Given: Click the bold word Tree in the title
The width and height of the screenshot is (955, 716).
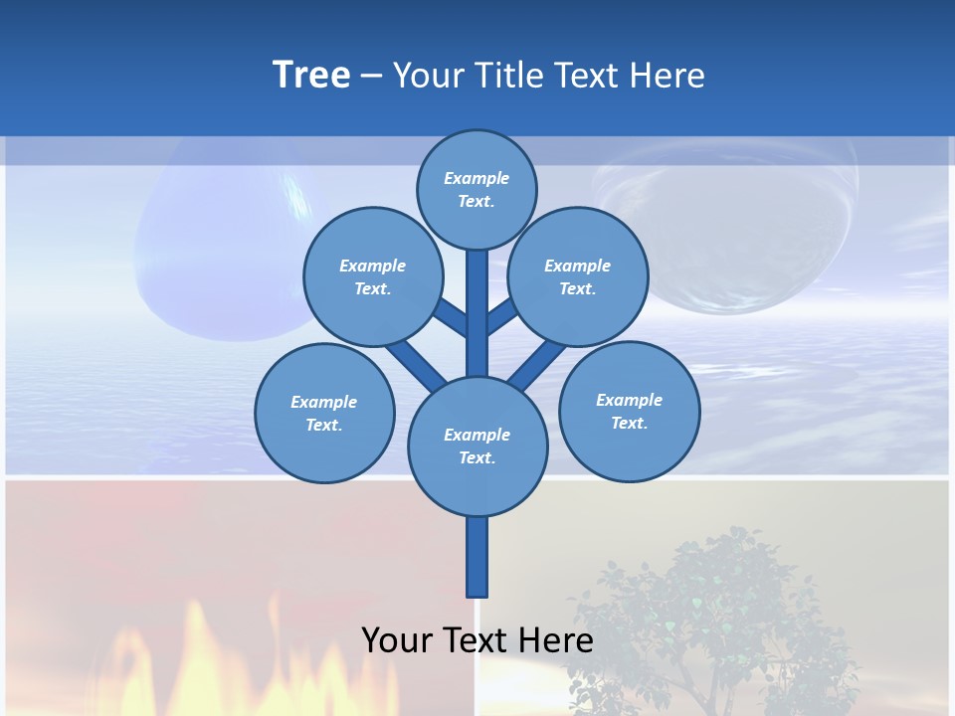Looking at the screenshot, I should click(311, 75).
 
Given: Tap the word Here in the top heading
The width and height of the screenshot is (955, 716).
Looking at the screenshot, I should click(667, 75).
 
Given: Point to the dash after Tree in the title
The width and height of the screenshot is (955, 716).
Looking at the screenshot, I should click(371, 77).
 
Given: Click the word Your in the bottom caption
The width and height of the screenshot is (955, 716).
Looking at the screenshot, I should click(397, 639).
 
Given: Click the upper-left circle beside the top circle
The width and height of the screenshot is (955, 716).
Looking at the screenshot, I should click(372, 276).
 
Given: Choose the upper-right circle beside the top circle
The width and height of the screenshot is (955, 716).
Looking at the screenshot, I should click(578, 276).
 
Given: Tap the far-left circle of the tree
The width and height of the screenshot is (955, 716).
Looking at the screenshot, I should click(324, 413).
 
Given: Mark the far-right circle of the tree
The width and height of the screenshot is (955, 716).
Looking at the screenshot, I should click(629, 411).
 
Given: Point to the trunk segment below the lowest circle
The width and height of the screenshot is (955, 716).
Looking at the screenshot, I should click(477, 557).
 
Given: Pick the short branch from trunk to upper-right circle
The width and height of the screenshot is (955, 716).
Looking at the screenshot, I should click(502, 316).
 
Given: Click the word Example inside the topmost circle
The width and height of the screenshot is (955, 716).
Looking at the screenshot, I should click(477, 178).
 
